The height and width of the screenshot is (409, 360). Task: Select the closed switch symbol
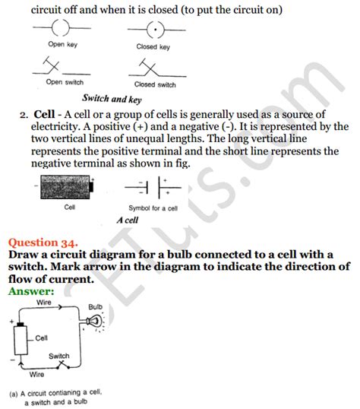(x=152, y=68)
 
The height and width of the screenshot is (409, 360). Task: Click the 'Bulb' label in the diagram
(x=95, y=307)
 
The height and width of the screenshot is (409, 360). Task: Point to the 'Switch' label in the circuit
(x=59, y=356)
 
